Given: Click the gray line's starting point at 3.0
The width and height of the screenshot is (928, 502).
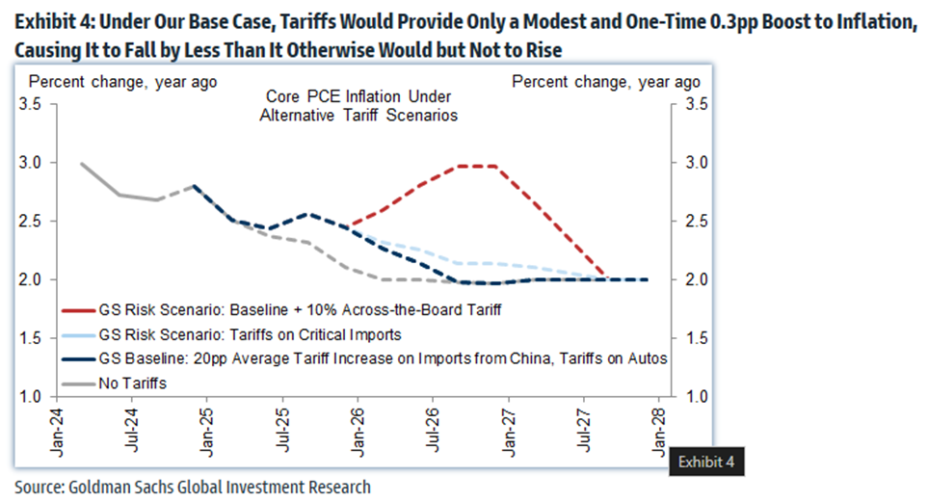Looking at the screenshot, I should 81,164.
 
